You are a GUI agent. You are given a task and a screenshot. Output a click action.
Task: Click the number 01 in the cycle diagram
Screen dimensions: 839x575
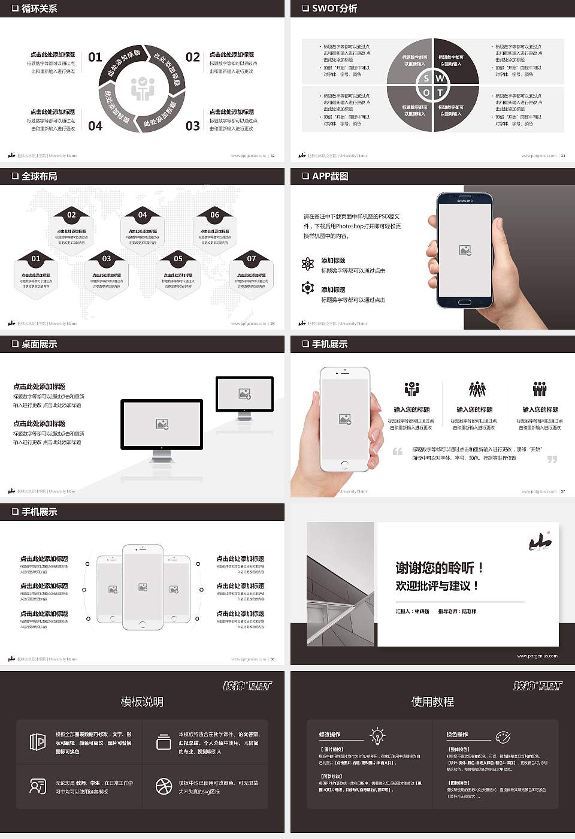[x=95, y=57]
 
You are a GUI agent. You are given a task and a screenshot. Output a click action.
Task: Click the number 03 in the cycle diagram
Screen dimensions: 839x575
[x=192, y=126]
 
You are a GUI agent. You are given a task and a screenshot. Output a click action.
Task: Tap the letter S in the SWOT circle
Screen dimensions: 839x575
[x=426, y=78]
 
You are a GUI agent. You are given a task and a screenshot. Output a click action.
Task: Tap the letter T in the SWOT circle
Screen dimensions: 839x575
[x=440, y=92]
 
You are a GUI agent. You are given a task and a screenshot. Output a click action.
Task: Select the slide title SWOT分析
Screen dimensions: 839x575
[x=334, y=8]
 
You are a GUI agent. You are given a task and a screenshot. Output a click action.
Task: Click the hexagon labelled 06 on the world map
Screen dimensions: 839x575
[x=214, y=231]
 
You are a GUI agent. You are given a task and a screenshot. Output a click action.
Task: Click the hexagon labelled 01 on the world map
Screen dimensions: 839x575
[x=36, y=275]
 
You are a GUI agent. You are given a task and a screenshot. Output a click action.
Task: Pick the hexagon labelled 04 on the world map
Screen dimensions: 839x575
[x=143, y=231]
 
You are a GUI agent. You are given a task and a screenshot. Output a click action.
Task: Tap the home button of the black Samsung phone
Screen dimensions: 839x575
[x=465, y=302]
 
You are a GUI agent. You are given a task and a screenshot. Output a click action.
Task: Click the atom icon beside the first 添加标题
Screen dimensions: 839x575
[x=308, y=264]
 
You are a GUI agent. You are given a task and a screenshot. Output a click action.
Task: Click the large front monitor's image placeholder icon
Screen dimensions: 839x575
[x=162, y=424]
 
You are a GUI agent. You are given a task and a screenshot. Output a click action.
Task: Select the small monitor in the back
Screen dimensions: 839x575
[x=244, y=394]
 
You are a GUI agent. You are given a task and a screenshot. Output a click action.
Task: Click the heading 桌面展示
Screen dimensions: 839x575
[x=40, y=344]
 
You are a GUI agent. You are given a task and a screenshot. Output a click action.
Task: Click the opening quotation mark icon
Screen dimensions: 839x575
[x=398, y=451]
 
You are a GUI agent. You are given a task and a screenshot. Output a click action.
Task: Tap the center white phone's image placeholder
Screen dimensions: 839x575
[x=143, y=587]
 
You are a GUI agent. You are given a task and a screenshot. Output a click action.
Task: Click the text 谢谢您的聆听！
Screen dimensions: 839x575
[x=440, y=568]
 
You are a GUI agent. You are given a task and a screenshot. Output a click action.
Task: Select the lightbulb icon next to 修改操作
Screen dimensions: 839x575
[x=377, y=735]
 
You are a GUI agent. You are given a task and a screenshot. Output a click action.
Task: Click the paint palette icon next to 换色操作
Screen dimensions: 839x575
[x=503, y=737]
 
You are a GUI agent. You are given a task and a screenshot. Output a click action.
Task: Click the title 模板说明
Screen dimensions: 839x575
[x=142, y=702]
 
